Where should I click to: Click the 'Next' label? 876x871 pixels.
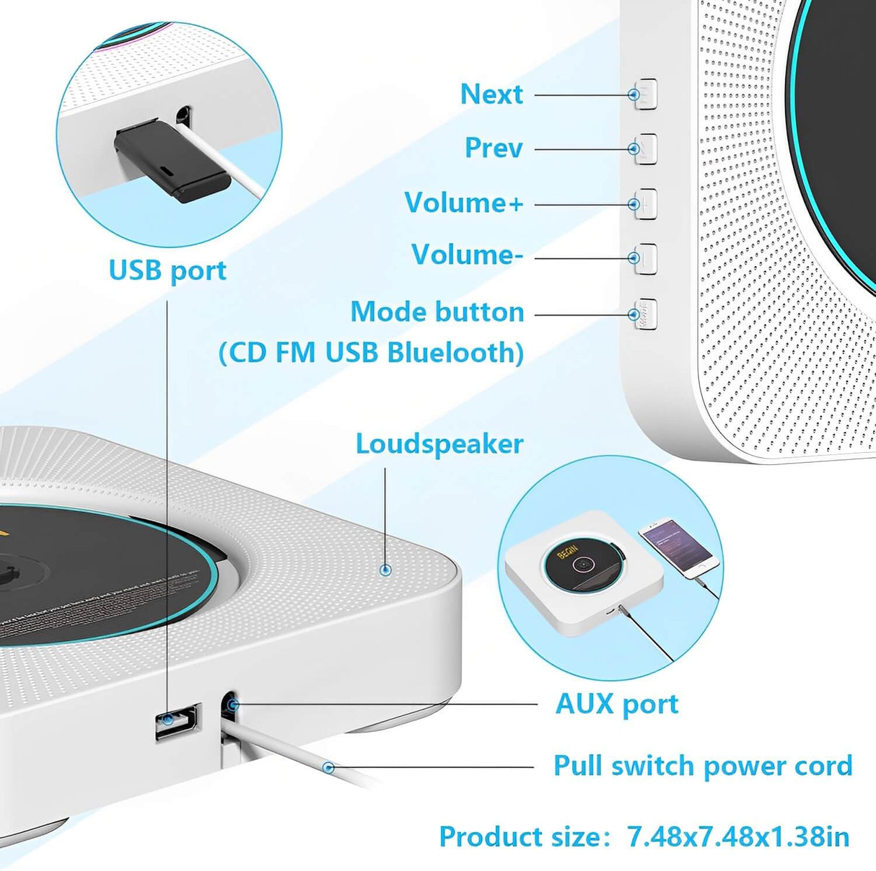[x=491, y=94]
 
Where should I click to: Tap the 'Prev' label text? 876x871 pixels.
[x=494, y=148]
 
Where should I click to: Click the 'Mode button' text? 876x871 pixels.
[x=437, y=312]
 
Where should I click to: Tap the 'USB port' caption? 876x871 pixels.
[x=167, y=271]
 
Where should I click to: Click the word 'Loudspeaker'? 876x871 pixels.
[x=439, y=445]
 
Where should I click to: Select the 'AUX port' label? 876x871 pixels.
[x=617, y=704]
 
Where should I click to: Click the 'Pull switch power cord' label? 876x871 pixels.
[x=703, y=766]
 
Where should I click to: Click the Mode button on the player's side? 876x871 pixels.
[x=646, y=314]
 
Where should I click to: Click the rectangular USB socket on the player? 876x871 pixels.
[x=178, y=720]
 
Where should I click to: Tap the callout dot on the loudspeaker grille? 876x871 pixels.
[x=386, y=568]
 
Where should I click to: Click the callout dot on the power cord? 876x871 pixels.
[x=328, y=767]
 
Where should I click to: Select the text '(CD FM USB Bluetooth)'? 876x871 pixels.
[x=372, y=353]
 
